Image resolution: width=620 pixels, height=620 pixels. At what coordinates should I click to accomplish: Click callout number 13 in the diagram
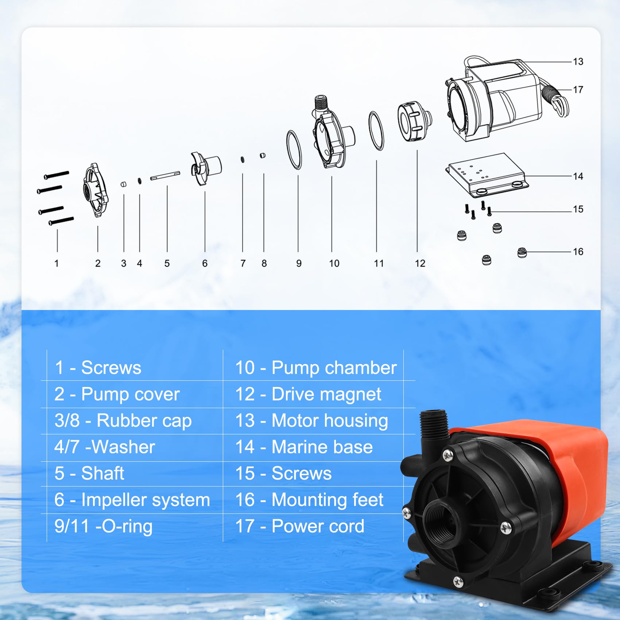[x=578, y=62]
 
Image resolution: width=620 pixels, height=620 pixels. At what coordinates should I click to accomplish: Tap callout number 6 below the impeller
[x=205, y=263]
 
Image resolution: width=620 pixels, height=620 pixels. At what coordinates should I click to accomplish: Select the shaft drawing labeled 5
[x=165, y=176]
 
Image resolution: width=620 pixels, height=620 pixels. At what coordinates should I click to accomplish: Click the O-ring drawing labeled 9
[x=294, y=150]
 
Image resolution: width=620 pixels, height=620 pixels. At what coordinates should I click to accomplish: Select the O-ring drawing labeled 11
[x=376, y=131]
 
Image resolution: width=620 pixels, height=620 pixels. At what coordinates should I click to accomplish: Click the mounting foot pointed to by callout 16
[x=522, y=252]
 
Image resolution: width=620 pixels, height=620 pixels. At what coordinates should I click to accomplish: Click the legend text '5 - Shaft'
[x=89, y=473]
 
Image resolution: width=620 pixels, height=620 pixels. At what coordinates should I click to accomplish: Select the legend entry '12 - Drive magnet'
[x=308, y=394]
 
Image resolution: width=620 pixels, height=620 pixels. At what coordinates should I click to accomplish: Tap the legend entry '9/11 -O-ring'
[x=103, y=526]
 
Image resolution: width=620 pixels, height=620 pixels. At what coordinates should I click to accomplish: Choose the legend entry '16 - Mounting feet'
[x=309, y=500]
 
